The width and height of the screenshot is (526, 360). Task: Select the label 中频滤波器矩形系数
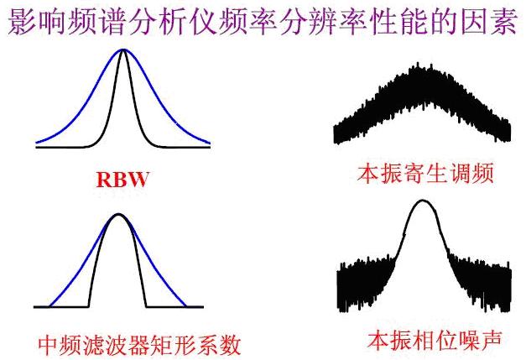pos(139,344)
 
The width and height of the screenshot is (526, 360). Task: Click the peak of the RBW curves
pos(123,51)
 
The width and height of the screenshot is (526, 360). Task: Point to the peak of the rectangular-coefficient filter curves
pos(118,216)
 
